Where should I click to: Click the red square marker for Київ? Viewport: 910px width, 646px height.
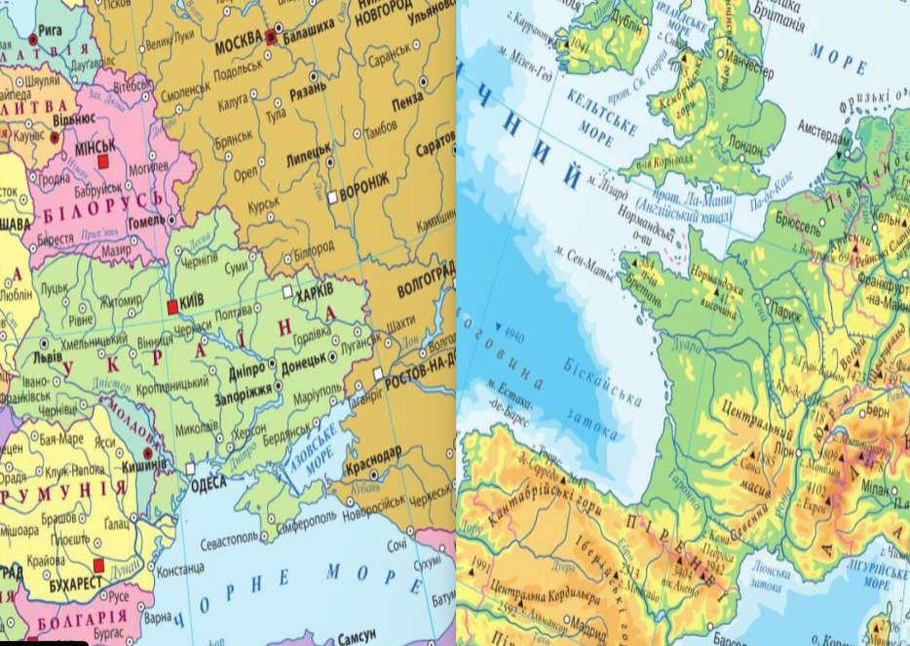coord(172,307)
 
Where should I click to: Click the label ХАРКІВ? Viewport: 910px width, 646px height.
coord(315,291)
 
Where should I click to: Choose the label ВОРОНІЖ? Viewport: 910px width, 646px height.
coord(363,194)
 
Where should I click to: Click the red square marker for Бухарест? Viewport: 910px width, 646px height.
coord(97,565)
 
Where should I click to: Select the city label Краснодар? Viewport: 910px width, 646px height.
coord(373,453)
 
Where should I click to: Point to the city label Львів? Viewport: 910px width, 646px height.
coord(48,357)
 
